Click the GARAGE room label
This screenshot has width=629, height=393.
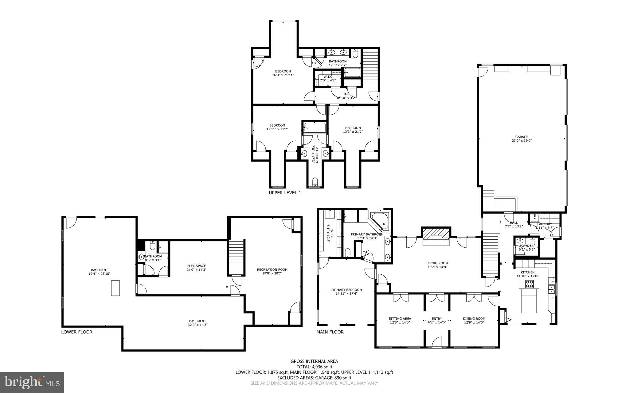(x=522, y=137)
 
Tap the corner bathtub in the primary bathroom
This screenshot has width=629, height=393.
(x=380, y=220)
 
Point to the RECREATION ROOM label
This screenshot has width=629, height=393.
(x=272, y=269)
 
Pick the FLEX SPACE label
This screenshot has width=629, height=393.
(x=197, y=266)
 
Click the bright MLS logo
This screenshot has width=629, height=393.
(x=32, y=382)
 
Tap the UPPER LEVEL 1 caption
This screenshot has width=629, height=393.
(x=285, y=193)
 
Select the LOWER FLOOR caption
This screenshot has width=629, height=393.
(x=76, y=332)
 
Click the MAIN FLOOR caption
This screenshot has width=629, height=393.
(x=330, y=332)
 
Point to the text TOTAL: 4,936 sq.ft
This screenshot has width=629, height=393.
(x=314, y=367)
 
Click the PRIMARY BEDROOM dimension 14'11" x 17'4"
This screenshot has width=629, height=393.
(x=346, y=293)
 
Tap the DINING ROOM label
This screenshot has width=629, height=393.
(x=474, y=319)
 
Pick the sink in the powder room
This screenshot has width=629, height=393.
(x=520, y=241)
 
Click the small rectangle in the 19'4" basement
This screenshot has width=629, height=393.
(x=115, y=288)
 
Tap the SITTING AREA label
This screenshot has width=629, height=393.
(x=400, y=319)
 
